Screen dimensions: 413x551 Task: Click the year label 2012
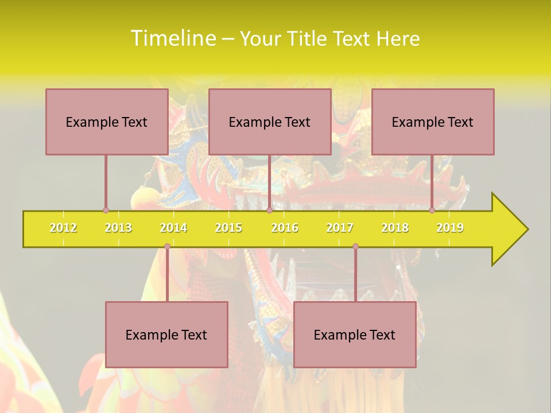63,228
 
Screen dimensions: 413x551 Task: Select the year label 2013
118,228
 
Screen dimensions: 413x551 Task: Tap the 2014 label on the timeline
173,228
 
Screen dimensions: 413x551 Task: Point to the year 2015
228,228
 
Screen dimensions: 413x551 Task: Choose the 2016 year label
285,228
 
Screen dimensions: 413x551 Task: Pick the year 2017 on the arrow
340,228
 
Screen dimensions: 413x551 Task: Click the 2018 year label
395,228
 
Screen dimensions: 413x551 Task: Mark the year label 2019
450,228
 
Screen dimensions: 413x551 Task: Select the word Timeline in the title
172,38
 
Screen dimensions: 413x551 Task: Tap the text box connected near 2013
107,122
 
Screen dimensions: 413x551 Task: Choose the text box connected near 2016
270,122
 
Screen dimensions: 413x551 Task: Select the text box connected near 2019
433,122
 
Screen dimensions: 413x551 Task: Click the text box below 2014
166,334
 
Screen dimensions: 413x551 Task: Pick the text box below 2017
355,334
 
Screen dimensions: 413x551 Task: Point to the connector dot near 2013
106,210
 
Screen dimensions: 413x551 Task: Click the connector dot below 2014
167,247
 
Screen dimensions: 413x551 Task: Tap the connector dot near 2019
432,210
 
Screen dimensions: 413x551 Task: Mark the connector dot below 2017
355,247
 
